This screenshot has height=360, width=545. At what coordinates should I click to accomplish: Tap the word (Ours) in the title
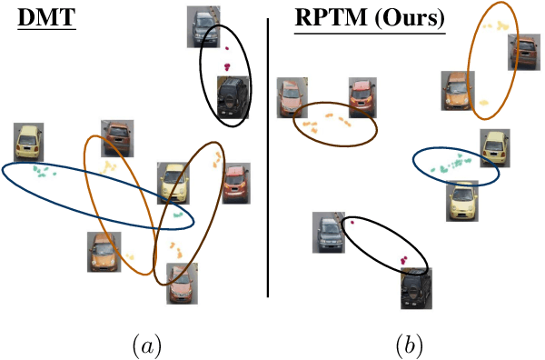coord(408,19)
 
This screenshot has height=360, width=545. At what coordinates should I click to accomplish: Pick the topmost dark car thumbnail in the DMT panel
coord(200,26)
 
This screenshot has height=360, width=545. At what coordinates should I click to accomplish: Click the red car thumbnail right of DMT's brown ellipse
coord(235,184)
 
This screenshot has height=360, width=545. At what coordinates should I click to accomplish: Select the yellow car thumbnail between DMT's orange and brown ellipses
coord(173,182)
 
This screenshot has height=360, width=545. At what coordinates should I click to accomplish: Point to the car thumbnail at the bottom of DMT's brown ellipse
coord(182,283)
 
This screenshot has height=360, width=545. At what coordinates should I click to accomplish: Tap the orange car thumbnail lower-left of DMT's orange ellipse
coord(103,252)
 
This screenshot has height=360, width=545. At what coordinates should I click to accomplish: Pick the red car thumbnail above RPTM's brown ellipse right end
coord(362,97)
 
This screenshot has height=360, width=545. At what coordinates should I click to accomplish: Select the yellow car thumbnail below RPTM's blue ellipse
coord(461,201)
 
